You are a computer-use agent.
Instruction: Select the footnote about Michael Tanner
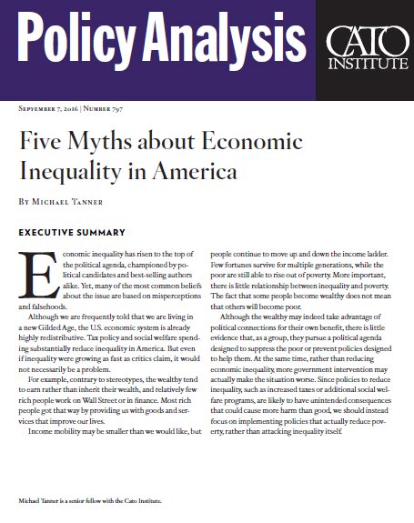pos(95,501)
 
